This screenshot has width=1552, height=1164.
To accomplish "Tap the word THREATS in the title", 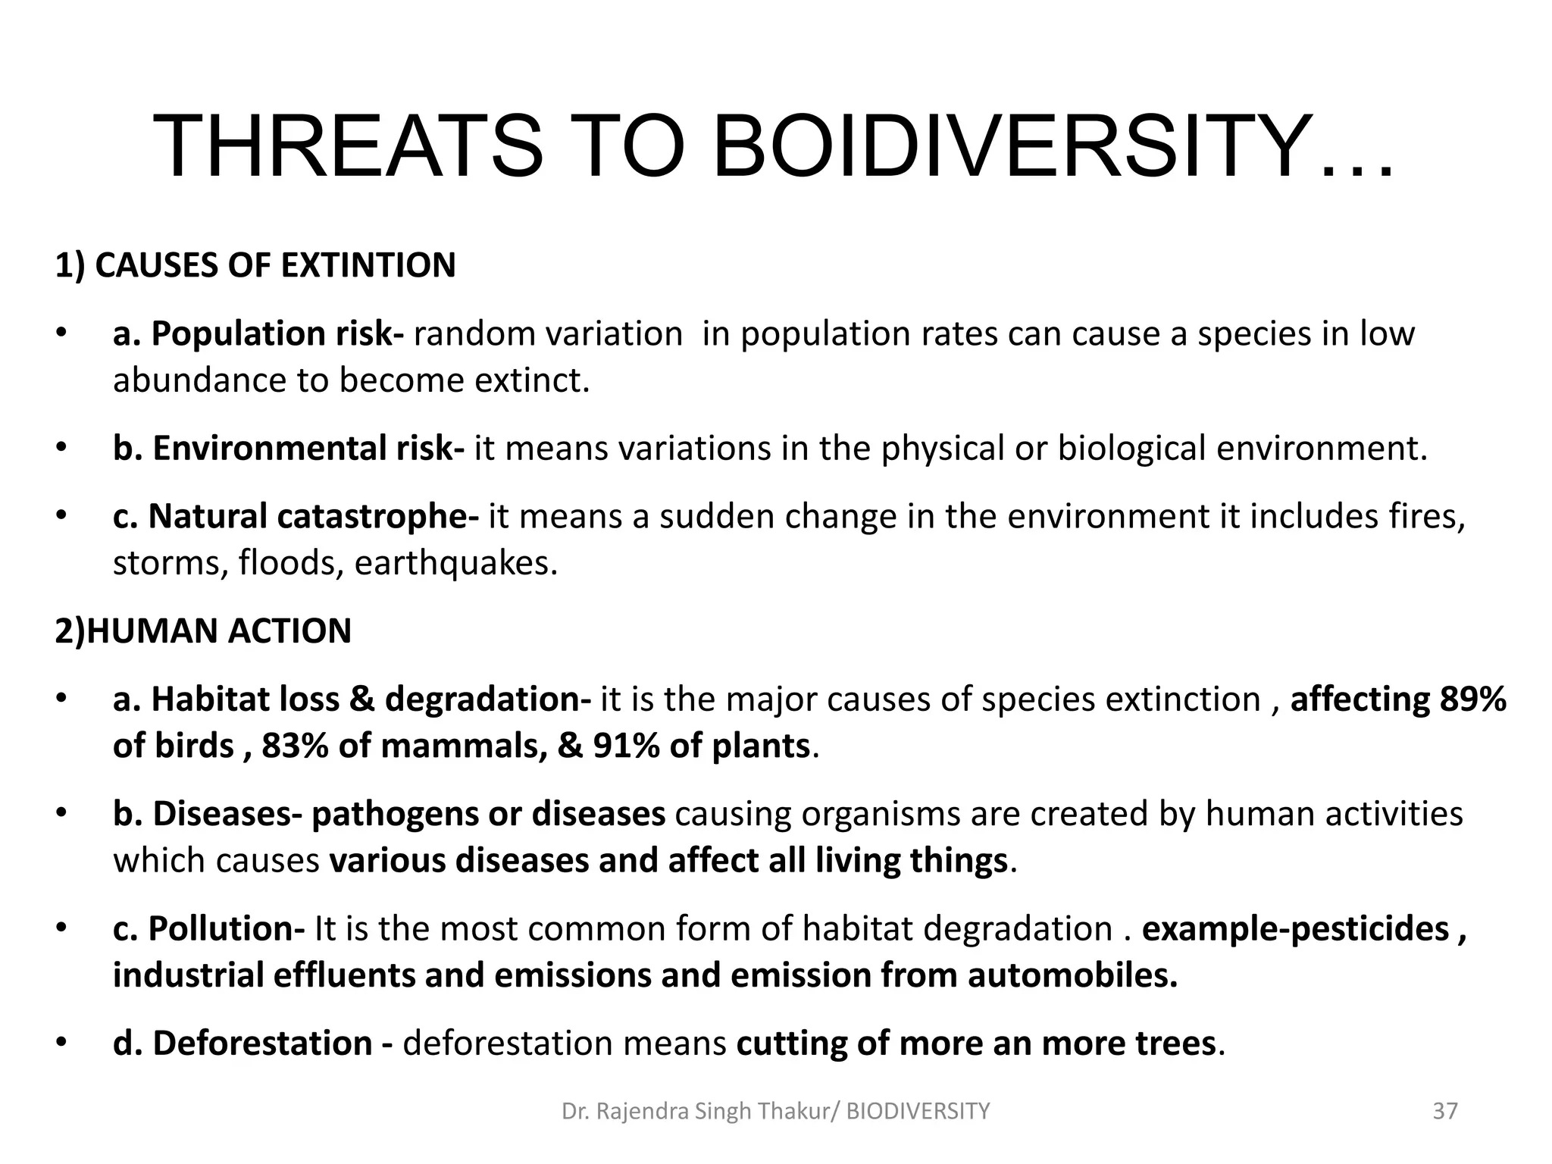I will click(347, 145).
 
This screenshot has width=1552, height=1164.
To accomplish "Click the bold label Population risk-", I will click(258, 334).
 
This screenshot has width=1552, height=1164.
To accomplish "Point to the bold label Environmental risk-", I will click(288, 449).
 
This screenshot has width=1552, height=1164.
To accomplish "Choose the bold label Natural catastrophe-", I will click(296, 517).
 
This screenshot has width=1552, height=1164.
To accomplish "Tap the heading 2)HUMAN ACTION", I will click(203, 631).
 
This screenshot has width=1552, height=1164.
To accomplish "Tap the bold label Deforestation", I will click(242, 1044).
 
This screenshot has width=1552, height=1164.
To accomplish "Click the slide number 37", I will click(1445, 1111).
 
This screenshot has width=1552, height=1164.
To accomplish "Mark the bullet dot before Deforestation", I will click(61, 1044).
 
